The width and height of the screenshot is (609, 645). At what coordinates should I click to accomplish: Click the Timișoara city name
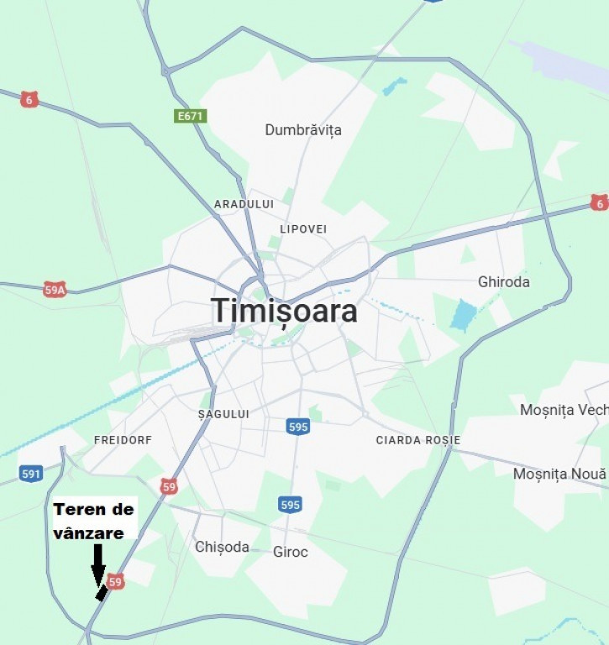pos(284,311)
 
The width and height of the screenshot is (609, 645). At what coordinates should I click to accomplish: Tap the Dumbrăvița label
pos(303,130)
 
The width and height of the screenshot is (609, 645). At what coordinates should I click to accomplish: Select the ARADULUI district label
pos(244,204)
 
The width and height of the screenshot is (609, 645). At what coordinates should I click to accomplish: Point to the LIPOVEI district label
pos(303,229)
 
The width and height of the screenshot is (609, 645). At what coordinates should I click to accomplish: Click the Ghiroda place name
pos(504,282)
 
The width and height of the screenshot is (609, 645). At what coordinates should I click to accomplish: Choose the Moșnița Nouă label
pos(559,475)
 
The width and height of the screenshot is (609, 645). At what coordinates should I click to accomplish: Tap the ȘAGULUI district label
pos(223,414)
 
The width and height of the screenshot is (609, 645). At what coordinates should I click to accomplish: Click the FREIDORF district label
pos(123,440)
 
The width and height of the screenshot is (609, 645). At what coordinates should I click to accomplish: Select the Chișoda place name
pos(222,547)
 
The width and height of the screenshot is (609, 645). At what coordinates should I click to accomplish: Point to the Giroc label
pos(291,552)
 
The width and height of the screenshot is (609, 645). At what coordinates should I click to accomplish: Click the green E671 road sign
pos(191,116)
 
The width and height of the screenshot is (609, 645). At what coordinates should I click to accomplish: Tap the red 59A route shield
pos(55,290)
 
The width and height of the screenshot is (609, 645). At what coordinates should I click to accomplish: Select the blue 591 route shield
pos(31,474)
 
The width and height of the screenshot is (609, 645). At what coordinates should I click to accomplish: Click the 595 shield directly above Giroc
pos(290,505)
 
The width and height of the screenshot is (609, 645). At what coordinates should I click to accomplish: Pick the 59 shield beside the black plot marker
pos(116,581)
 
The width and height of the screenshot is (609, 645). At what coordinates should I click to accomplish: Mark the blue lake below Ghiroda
pos(463,315)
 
